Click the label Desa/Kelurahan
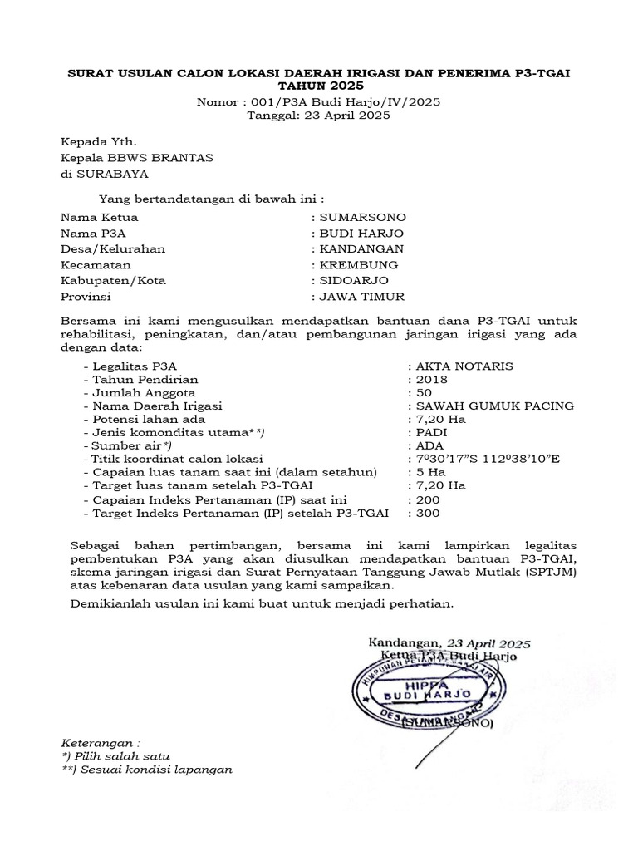(113, 249)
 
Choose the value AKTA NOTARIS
(466, 366)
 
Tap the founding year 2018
(433, 379)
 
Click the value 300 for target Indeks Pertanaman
(429, 514)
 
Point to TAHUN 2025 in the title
(319, 86)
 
